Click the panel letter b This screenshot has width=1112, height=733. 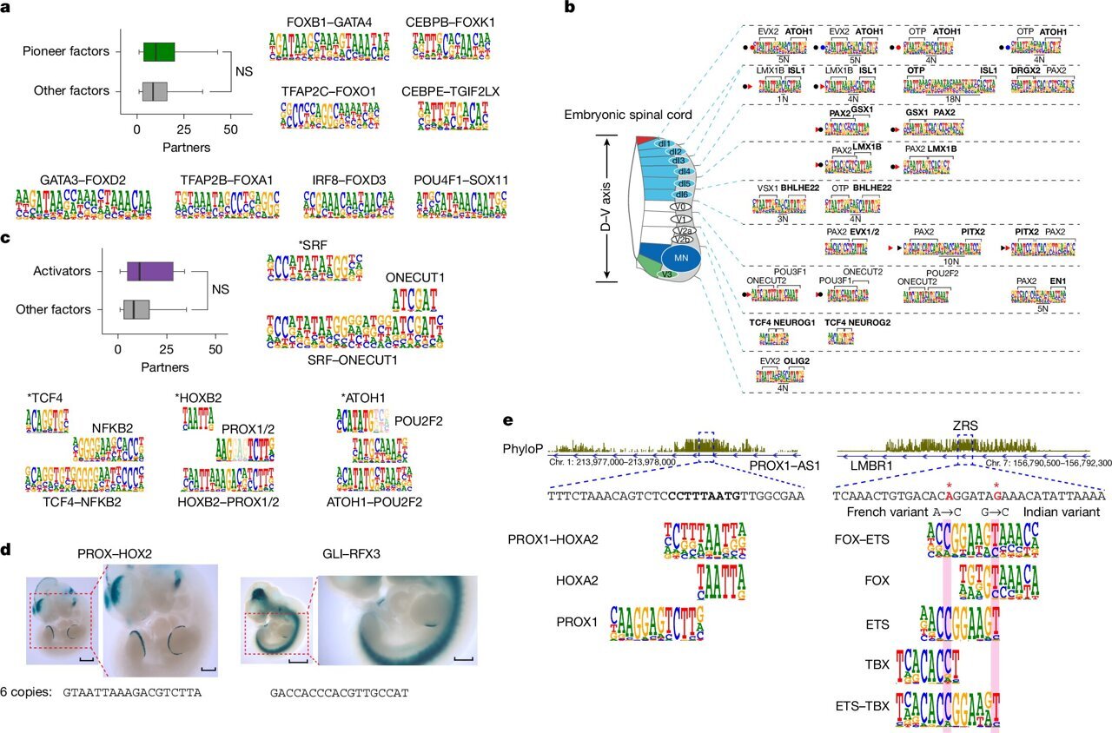pos(569,8)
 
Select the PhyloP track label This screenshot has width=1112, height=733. pos(523,449)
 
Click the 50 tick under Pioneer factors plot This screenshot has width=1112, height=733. pos(231,129)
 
